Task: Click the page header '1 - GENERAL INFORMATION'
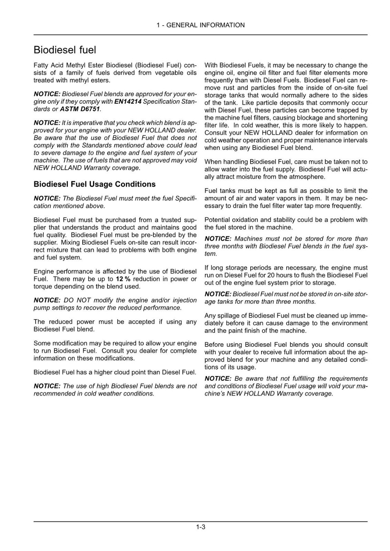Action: pyautogui.click(x=201, y=25)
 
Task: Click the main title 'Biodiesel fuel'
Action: pyautogui.click(x=65, y=50)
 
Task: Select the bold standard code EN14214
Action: pyautogui.click(x=128, y=102)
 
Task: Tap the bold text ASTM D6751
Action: pyautogui.click(x=80, y=109)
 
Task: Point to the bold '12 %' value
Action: pyautogui.click(x=123, y=279)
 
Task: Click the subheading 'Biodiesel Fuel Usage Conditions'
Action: pyautogui.click(x=94, y=184)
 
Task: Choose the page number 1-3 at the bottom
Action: pyautogui.click(x=201, y=527)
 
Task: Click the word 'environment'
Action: pyautogui.click(x=349, y=323)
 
